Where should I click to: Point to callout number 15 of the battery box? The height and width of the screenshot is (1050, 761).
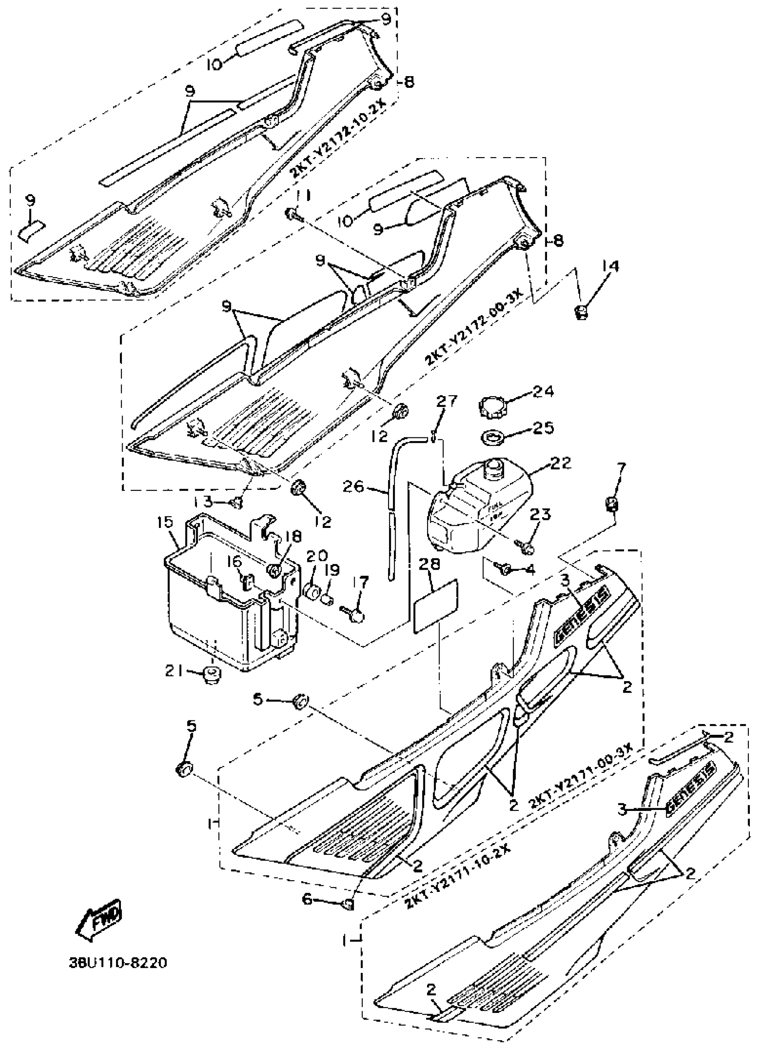(x=165, y=522)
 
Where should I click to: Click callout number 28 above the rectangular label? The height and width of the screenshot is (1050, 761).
(x=430, y=564)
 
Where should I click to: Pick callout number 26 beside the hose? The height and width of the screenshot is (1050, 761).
(x=353, y=487)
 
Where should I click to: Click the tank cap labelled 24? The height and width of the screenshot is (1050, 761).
(x=492, y=407)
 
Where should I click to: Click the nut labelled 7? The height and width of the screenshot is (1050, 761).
(x=612, y=503)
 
